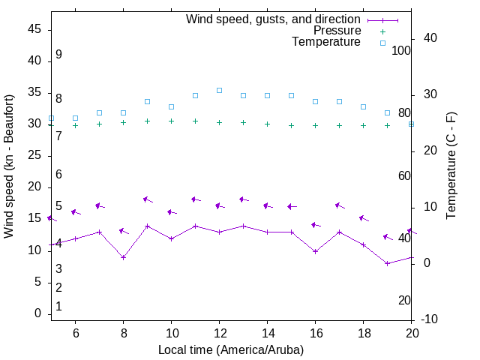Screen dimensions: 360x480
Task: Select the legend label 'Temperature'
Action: [x=326, y=42]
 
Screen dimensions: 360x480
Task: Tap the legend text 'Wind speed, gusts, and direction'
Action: [x=274, y=19]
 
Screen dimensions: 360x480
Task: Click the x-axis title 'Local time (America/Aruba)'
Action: [x=231, y=349]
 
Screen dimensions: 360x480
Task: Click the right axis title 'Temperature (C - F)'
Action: [x=451, y=166]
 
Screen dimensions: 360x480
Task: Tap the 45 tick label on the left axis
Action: [x=34, y=29]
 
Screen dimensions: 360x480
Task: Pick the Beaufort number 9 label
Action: [x=58, y=55]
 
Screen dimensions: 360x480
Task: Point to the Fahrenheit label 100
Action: [x=401, y=50]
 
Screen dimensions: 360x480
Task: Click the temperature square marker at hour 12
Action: [x=219, y=90]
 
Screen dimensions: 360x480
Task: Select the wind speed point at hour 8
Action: [x=123, y=257]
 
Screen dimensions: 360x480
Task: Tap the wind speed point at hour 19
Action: [x=387, y=263]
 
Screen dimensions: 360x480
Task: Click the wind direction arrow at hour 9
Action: [x=148, y=200]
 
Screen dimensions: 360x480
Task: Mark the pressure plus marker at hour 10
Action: [x=171, y=121]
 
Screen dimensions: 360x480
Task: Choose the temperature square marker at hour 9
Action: [x=147, y=101]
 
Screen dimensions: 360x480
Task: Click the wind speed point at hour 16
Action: [x=315, y=251]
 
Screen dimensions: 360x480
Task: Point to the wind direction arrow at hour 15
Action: [x=292, y=206]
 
